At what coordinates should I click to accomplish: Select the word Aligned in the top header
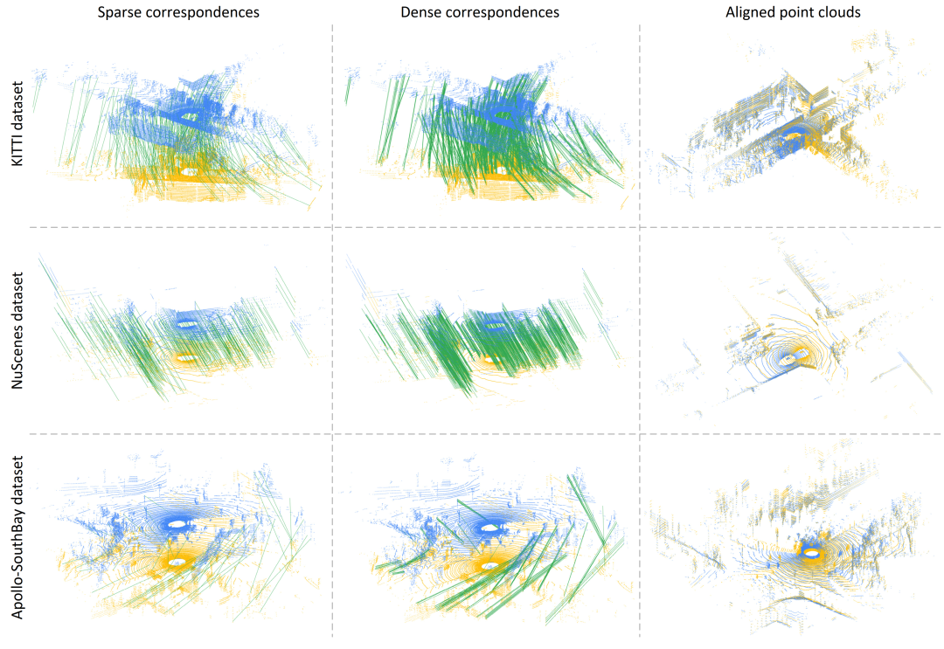[x=749, y=12]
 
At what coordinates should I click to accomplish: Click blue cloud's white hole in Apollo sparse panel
[x=178, y=524]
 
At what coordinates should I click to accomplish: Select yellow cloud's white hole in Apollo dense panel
[x=489, y=565]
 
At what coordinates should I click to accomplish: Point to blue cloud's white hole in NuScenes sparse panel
[x=186, y=322]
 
